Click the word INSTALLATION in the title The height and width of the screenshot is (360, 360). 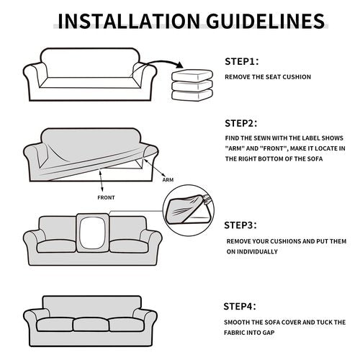(129, 21)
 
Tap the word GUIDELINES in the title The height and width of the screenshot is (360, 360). (266, 21)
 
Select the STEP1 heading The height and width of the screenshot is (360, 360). (242, 62)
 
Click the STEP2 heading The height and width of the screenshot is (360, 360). (241, 123)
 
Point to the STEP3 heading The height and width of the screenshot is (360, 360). (240, 225)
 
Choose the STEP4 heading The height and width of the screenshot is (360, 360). (240, 307)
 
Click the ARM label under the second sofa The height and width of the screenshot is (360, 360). (168, 180)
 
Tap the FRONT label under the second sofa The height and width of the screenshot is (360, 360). (106, 198)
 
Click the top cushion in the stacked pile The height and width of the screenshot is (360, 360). (192, 75)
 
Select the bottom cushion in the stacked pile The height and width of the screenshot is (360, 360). (192, 95)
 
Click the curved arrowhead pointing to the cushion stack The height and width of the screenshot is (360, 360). (179, 65)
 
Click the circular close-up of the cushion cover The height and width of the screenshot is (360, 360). (189, 210)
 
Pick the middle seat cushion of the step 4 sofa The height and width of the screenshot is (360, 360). (91, 325)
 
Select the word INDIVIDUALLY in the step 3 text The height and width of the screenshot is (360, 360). (252, 252)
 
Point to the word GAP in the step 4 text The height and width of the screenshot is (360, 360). (269, 333)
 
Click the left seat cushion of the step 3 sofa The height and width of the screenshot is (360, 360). (56, 246)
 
